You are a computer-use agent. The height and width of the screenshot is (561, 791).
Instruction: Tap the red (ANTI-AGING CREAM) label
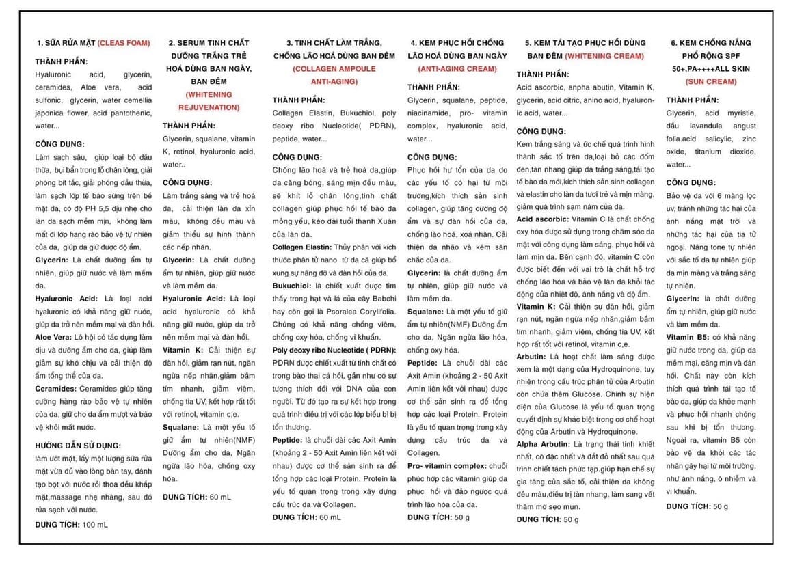click(x=457, y=69)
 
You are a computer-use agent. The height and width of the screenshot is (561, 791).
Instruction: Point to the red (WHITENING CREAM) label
click(x=604, y=56)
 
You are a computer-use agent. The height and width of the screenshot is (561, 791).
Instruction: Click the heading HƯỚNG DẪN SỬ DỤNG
click(x=78, y=445)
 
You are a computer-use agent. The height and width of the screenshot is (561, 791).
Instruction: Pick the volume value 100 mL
click(x=94, y=524)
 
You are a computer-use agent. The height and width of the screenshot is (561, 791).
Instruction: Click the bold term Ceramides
click(x=54, y=389)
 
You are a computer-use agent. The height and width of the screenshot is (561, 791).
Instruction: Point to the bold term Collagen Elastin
click(x=301, y=247)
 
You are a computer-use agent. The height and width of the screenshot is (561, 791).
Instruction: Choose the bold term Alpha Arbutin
click(x=542, y=444)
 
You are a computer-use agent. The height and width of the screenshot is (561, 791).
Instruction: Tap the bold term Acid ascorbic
click(x=542, y=219)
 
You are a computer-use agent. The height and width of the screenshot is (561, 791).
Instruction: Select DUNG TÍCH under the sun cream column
click(x=688, y=506)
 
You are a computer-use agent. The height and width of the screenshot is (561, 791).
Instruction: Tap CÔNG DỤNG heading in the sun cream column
click(x=692, y=182)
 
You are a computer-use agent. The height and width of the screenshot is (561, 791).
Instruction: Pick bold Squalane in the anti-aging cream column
click(x=426, y=312)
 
